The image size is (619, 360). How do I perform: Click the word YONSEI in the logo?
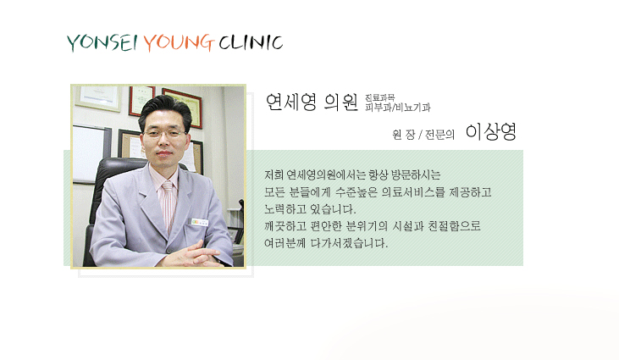[x=102, y=42]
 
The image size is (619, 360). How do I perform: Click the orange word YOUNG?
[x=179, y=42]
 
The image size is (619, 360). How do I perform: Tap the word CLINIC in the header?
[x=251, y=42]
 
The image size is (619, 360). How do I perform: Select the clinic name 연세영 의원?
[x=312, y=102]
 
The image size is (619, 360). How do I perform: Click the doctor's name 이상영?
[x=491, y=132]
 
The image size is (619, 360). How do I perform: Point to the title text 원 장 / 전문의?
[x=423, y=135]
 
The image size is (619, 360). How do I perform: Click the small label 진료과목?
[x=379, y=97]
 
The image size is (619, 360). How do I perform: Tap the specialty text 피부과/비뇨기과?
[x=397, y=108]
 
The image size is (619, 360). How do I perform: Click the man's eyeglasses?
[x=164, y=133]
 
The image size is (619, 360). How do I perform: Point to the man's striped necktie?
[x=169, y=203]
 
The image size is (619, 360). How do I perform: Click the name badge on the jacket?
[x=199, y=222]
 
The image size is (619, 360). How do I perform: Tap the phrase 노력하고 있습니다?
[x=310, y=209]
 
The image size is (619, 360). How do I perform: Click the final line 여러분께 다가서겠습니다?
[x=326, y=243]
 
